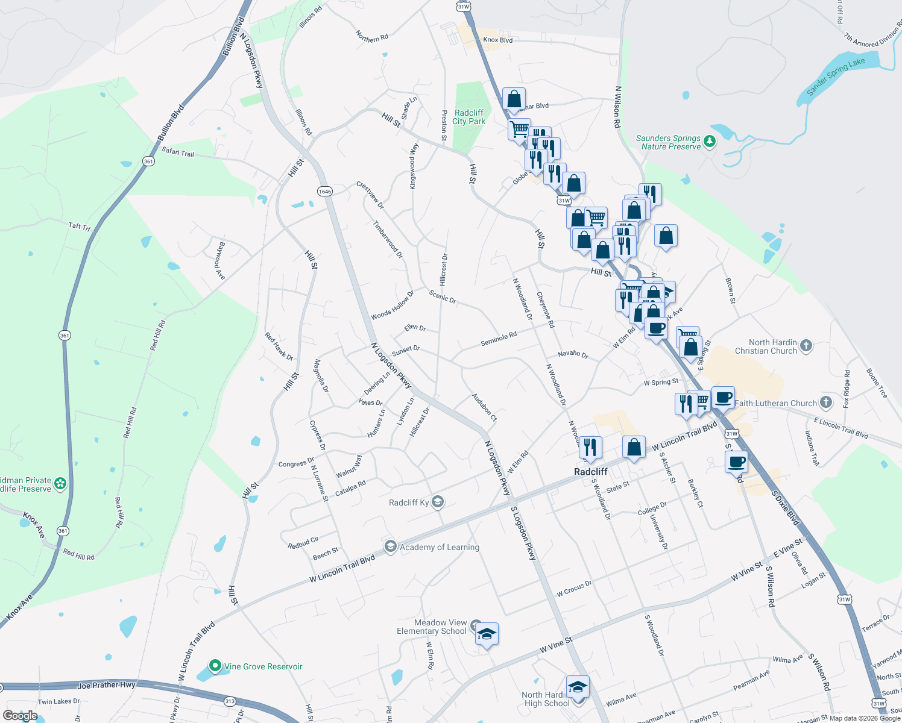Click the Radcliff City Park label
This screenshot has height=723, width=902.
[469, 117]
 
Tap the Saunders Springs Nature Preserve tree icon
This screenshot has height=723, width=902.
[710, 142]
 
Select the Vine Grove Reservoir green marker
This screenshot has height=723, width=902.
[215, 666]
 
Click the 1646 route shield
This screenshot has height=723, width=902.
[324, 191]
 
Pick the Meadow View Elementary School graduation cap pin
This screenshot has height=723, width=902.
[487, 634]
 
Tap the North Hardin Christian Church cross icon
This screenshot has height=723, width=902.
[806, 346]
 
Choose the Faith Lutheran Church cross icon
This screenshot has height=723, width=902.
[826, 402]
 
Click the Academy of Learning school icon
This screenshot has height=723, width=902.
[390, 546]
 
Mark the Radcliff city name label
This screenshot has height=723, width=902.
[591, 472]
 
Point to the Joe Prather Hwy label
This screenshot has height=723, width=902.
[106, 685]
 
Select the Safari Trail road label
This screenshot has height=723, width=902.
[178, 152]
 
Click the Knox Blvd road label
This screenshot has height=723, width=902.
[497, 40]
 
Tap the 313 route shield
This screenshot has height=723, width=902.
[230, 701]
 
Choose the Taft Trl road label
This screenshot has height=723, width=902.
[79, 227]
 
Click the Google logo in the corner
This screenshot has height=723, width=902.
[20, 716]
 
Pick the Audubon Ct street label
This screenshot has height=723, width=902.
[484, 407]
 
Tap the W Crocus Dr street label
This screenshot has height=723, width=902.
[574, 589]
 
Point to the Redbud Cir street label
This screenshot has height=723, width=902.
[303, 542]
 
